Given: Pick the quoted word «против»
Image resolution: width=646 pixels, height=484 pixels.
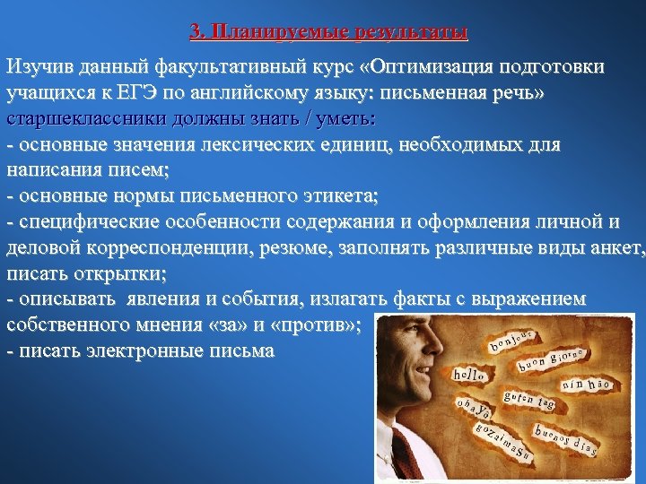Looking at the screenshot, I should tap(320, 324).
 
